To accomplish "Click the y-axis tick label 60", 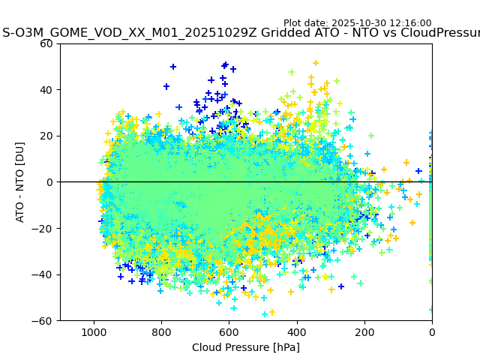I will coord(47,43).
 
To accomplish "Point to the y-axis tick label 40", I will coord(47,90).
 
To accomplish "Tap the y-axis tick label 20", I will coord(47,136).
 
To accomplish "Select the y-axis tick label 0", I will coord(50,182).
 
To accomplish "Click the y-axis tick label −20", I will coord(44,228).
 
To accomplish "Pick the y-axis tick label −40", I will coord(44,274).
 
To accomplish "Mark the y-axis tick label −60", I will coord(44,321).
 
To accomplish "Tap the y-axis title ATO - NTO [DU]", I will coord(20,182).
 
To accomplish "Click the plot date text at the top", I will coord(357,23).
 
